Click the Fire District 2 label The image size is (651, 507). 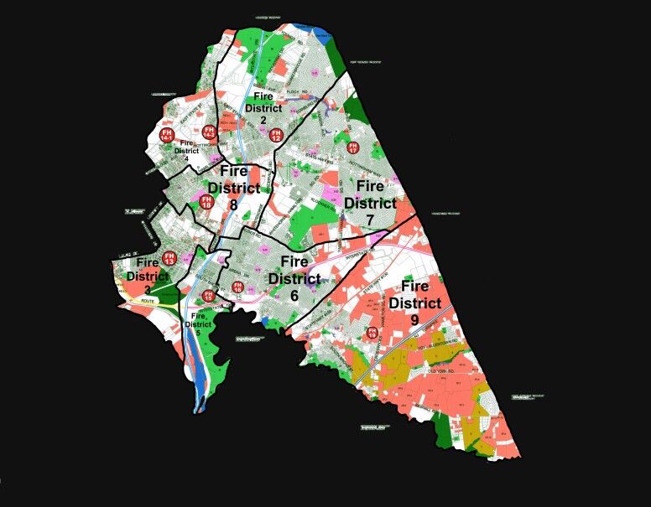pyautogui.click(x=263, y=110)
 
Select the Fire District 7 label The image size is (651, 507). pyautogui.click(x=370, y=203)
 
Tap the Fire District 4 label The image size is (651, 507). pyautogui.click(x=187, y=150)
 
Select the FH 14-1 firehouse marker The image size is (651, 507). pyautogui.click(x=166, y=136)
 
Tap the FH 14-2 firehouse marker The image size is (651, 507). pyautogui.click(x=209, y=132)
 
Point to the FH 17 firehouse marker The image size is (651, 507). pyautogui.click(x=352, y=148)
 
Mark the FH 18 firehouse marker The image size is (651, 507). pyautogui.click(x=206, y=201)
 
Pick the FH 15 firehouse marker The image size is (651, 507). pyautogui.click(x=208, y=295)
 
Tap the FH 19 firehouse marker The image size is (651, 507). pyautogui.click(x=372, y=334)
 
